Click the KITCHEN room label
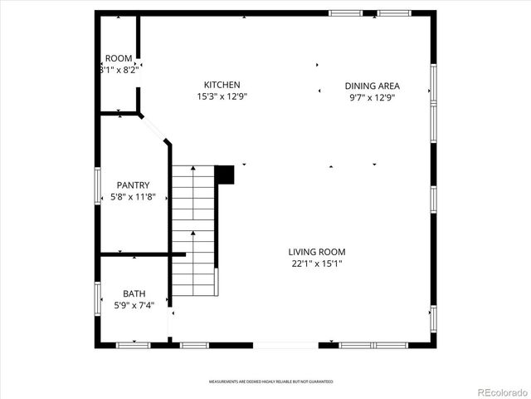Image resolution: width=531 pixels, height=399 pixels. point(222,85)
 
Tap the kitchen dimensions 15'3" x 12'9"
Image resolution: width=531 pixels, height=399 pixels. point(222,96)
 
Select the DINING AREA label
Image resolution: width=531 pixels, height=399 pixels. point(373,86)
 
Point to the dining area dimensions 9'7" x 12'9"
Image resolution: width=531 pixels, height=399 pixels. point(373,97)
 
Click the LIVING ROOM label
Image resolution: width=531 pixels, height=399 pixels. point(317,252)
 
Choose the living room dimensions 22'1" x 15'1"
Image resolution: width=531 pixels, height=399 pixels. point(317,264)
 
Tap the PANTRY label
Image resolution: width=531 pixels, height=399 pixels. point(133,185)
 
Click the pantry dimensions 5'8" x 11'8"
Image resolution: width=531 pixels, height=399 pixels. point(133,197)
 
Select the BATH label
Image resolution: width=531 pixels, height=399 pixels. point(134,293)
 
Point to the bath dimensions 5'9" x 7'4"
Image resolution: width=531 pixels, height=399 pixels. point(134,305)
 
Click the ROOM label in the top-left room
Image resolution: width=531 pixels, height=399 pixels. point(119,58)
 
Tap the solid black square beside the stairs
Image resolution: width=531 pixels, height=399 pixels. point(224,175)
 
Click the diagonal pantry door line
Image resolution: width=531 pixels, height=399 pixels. point(154,129)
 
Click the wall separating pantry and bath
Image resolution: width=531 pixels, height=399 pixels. point(137,254)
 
